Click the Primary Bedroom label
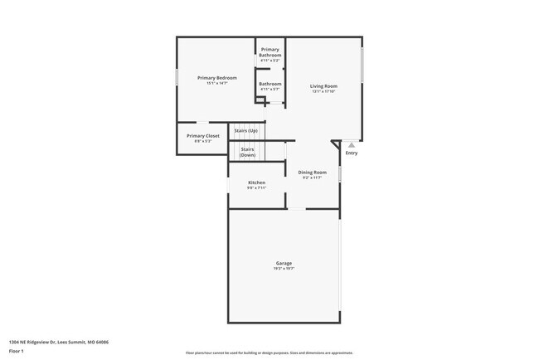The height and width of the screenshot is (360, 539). point(211,78)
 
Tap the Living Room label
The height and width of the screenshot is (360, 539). point(323,85)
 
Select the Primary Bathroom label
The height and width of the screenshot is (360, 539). point(269,52)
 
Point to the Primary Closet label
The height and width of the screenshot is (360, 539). point(203,135)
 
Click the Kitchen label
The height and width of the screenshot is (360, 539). point(256,182)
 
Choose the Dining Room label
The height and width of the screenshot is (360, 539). point(313,172)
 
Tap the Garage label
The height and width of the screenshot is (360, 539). point(283,263)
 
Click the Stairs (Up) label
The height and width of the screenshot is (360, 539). point(246,131)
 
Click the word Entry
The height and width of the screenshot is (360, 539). point(352,153)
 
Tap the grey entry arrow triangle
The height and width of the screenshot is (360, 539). point(351,144)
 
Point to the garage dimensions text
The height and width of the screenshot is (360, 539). point(283,269)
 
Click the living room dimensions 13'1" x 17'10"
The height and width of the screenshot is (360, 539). point(323,91)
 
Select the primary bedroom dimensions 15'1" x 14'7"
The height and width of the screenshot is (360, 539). point(211,84)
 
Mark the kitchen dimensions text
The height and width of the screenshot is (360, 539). point(256,187)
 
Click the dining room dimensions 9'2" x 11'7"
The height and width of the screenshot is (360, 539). point(313,178)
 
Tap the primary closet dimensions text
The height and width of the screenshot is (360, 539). point(203,141)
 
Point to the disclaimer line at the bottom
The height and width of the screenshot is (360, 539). point(269,353)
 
